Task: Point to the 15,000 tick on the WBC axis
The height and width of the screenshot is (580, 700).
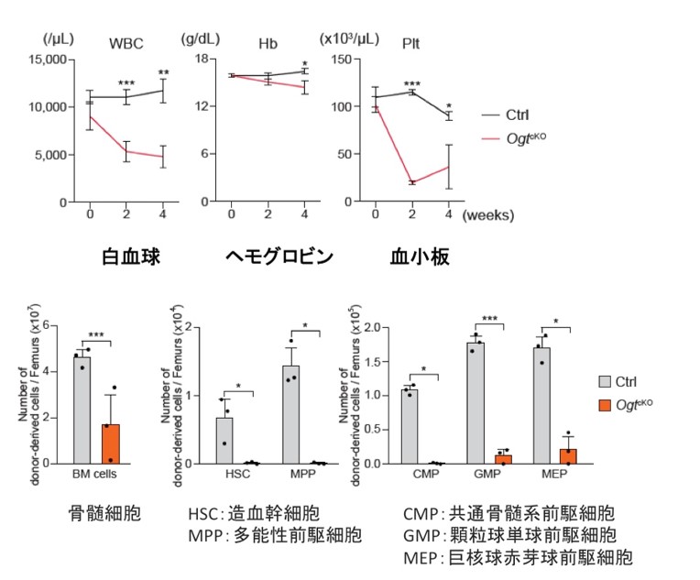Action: coord(44,60)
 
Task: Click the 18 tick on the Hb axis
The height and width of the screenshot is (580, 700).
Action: coord(206,60)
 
